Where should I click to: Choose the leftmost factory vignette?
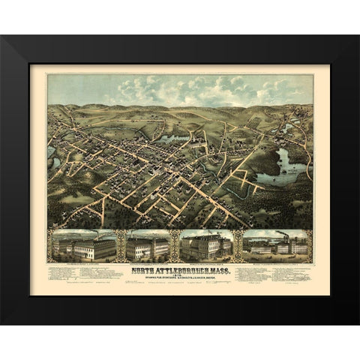tap(82, 245)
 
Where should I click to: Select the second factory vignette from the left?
tap(147, 245)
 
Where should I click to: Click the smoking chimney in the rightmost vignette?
tap(283, 236)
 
